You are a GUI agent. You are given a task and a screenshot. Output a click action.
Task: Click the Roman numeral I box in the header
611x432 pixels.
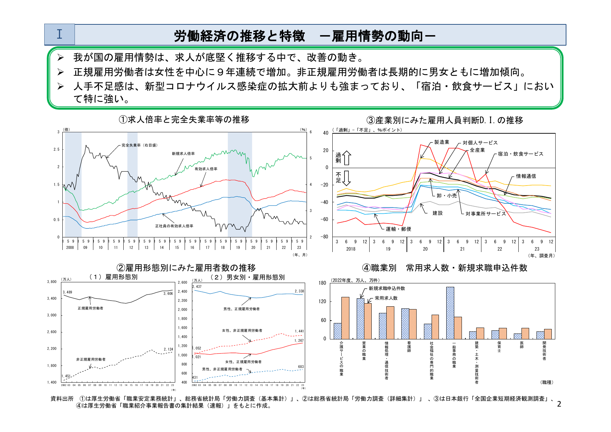tap(59, 34)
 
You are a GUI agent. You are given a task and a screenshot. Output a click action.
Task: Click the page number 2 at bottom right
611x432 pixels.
tap(559, 404)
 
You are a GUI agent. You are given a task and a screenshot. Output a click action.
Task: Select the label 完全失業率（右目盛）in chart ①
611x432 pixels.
tap(139, 145)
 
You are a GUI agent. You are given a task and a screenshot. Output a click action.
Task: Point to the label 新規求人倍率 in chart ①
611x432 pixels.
tap(183, 154)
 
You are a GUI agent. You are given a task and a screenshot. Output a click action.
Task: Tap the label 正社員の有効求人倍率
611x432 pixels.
tap(174, 226)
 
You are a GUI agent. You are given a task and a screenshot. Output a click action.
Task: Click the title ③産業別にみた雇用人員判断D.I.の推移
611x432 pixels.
tap(445, 120)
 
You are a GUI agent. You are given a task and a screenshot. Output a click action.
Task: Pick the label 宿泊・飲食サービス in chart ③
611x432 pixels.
tap(520, 154)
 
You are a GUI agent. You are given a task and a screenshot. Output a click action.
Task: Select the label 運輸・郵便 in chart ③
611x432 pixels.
tap(398, 229)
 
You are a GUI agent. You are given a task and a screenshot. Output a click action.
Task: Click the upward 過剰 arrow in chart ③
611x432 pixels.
tap(347, 158)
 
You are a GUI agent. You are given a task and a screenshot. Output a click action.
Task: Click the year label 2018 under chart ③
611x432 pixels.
tap(351, 249)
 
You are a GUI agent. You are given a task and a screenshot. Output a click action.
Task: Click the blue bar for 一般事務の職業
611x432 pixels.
tap(450, 313)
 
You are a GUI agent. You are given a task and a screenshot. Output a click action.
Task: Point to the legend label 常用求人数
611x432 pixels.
tap(386, 298)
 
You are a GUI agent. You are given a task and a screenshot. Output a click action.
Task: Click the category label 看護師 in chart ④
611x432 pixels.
tap(409, 347)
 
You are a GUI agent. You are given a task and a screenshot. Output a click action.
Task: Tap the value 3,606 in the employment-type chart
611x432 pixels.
tap(168, 294)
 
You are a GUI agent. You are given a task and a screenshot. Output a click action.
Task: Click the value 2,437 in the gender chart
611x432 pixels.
tap(197, 287)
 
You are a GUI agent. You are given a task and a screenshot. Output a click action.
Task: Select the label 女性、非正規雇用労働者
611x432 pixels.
tap(242, 330)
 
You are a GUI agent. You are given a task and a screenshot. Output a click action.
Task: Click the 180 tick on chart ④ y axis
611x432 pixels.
tap(322, 283)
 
